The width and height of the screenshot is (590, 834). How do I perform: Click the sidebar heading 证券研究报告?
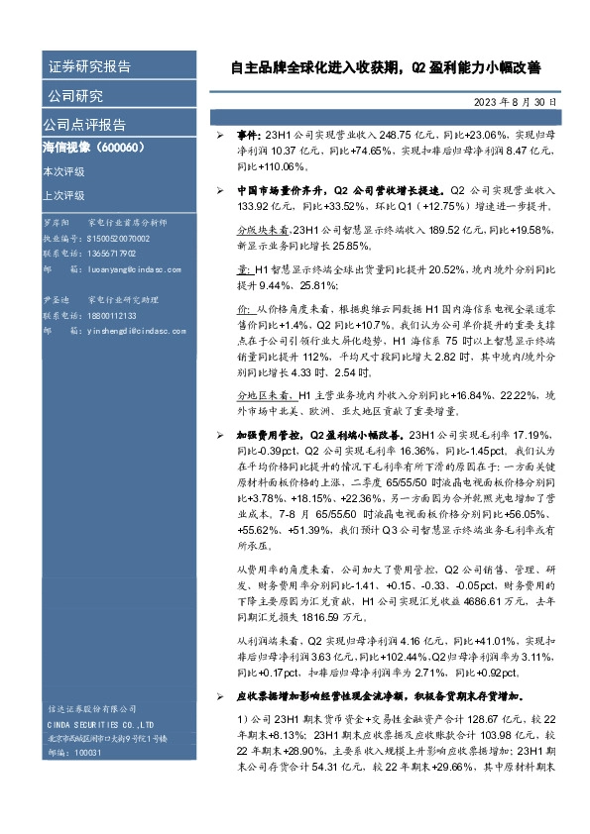pyautogui.click(x=89, y=67)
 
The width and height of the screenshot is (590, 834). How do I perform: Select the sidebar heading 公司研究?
pyautogui.click(x=75, y=96)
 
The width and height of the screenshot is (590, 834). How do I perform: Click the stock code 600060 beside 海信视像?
pyautogui.click(x=122, y=147)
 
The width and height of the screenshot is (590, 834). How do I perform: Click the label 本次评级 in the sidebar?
pyautogui.click(x=63, y=171)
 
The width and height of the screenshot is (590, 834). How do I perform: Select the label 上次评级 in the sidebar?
pyautogui.click(x=63, y=195)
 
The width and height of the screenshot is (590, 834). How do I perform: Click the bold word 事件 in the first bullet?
pyautogui.click(x=246, y=133)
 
